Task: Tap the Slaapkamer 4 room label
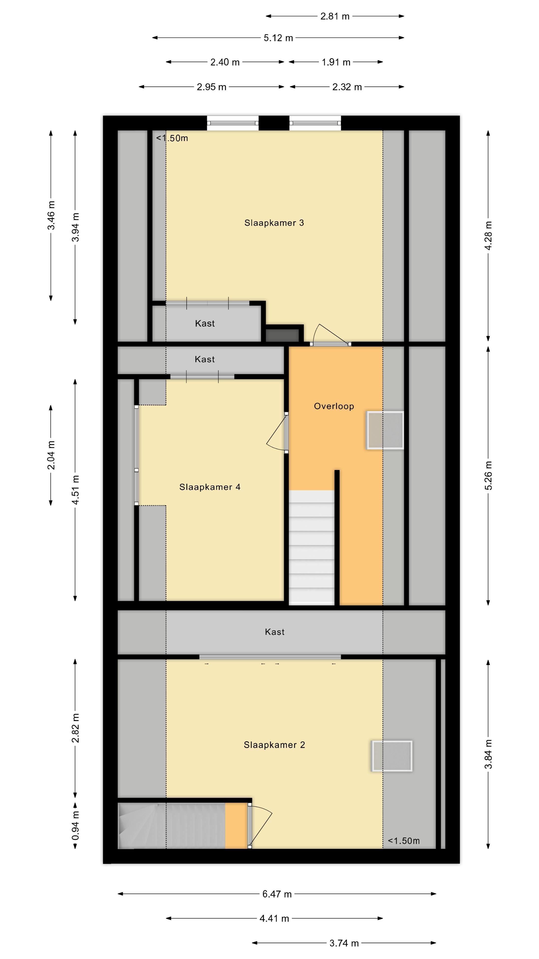210,487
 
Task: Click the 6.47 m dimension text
277,894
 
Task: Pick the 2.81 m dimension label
335,16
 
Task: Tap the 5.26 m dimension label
488,476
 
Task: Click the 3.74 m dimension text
344,943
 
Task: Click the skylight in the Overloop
385,430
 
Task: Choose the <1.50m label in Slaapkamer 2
404,841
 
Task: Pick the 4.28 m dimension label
488,236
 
